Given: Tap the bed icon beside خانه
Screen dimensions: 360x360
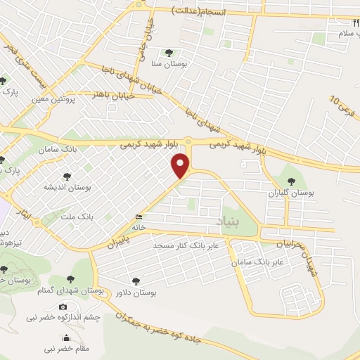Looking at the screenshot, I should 139,217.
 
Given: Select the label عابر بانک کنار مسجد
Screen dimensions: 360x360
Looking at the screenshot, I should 186,245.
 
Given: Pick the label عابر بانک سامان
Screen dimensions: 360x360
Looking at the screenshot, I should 259,261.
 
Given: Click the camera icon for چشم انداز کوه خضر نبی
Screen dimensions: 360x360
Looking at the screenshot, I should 63,307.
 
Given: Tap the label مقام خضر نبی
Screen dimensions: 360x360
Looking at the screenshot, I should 63,348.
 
